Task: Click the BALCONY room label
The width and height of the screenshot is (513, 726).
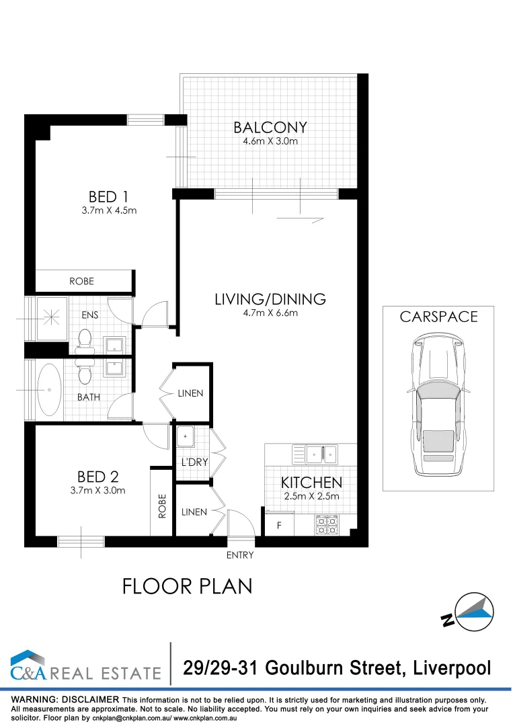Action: point(270,127)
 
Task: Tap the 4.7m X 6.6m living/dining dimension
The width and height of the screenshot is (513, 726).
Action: point(270,313)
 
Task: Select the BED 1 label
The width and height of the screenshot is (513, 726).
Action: point(108,197)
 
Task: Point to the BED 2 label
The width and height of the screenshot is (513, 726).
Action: point(97,477)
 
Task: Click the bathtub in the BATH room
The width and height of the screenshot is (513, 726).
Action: point(48,389)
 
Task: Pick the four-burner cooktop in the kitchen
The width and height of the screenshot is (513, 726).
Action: point(326,524)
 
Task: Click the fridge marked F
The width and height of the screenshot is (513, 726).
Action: point(279,525)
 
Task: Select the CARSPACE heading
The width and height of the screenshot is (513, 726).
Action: point(438,317)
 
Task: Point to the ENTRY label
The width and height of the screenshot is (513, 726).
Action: point(240,555)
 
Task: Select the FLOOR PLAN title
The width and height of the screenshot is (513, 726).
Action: point(187,586)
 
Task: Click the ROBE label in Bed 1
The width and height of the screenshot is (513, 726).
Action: point(81,281)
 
